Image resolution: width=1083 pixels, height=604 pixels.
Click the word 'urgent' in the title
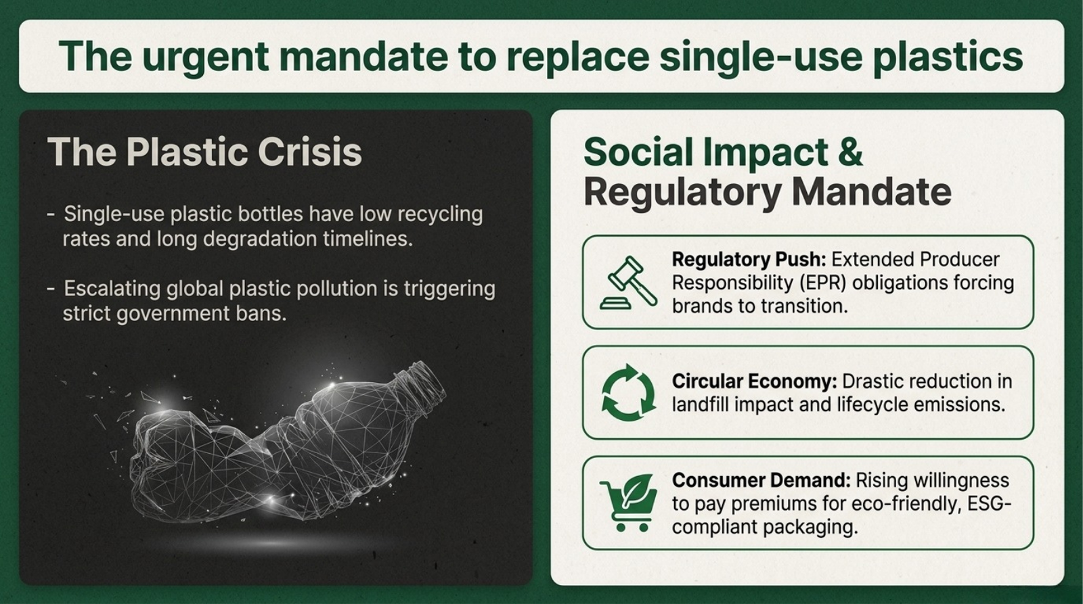tap(206, 57)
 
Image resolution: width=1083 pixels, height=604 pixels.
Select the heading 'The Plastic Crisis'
tap(204, 152)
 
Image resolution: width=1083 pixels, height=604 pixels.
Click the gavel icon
tap(628, 283)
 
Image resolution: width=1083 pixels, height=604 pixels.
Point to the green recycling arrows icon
tap(628, 392)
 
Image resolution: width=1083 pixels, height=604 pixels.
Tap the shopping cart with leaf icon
tap(629, 503)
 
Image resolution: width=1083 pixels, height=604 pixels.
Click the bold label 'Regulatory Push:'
tap(749, 260)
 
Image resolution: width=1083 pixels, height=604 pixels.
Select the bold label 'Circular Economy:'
tap(755, 381)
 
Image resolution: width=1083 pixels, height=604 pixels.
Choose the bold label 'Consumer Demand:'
tap(761, 480)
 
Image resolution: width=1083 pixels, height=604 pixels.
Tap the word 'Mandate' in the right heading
tap(872, 192)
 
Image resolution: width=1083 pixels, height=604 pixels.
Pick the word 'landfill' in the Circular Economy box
tap(700, 404)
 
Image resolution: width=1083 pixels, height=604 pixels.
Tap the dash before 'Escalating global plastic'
tap(51, 289)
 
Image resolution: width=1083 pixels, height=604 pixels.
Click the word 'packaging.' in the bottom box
tap(810, 527)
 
